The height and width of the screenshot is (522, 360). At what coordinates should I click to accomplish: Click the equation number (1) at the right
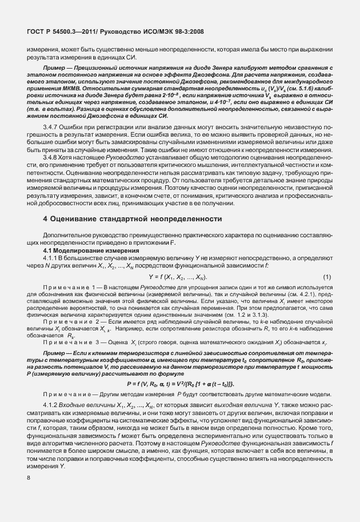tap(327, 277)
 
